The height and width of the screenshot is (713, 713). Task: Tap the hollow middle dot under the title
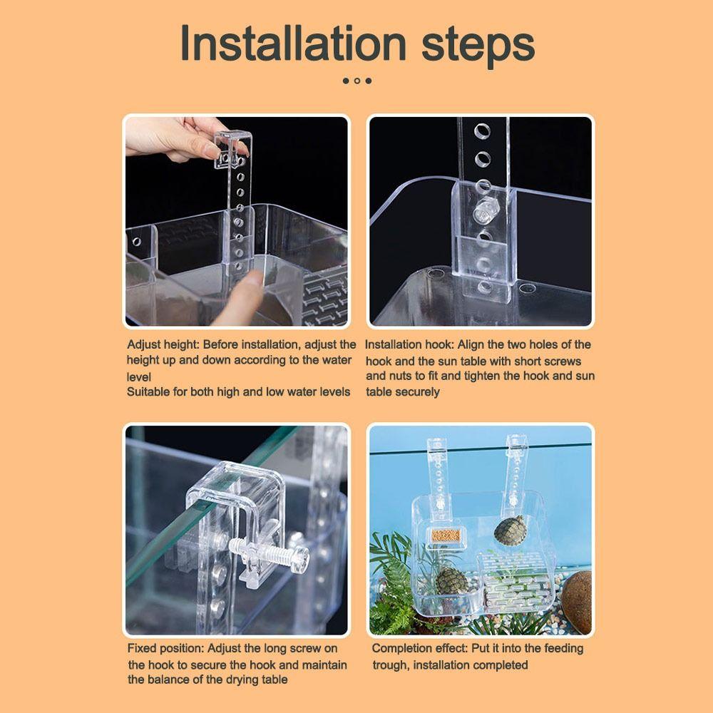357,81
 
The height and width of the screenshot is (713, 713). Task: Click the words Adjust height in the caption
162,344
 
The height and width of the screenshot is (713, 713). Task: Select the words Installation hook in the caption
409,344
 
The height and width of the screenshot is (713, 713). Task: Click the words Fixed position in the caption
166,648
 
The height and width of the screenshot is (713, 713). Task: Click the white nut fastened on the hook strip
484,211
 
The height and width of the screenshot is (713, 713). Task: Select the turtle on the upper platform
508,530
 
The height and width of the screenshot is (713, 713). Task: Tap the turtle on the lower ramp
451,581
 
